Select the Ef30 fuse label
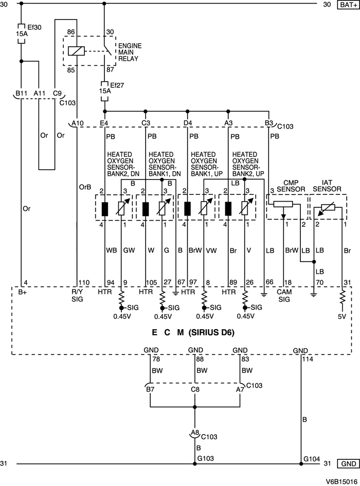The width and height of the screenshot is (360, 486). point(32,26)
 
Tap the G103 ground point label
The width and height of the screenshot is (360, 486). point(206,458)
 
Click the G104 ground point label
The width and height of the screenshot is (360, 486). point(312,458)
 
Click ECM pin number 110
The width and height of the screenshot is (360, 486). point(84,283)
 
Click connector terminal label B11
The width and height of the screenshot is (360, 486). point(21,93)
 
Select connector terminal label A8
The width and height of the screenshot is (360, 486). point(195,433)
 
